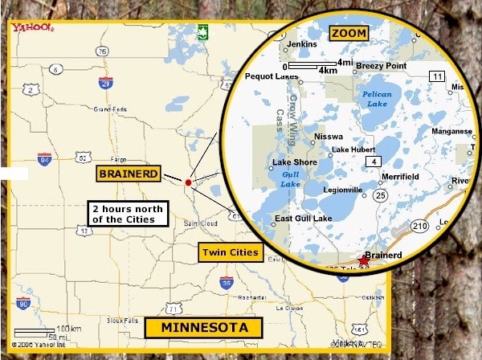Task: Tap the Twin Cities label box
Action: click(x=231, y=252)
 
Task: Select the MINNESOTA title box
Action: click(x=203, y=327)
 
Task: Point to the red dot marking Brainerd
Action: click(x=188, y=183)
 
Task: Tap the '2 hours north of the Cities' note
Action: click(x=127, y=214)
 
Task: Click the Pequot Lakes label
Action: click(x=272, y=77)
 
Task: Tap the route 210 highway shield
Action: click(x=420, y=228)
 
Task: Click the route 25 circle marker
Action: click(x=380, y=194)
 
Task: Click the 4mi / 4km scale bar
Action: click(x=318, y=66)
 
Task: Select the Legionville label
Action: click(x=342, y=190)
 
